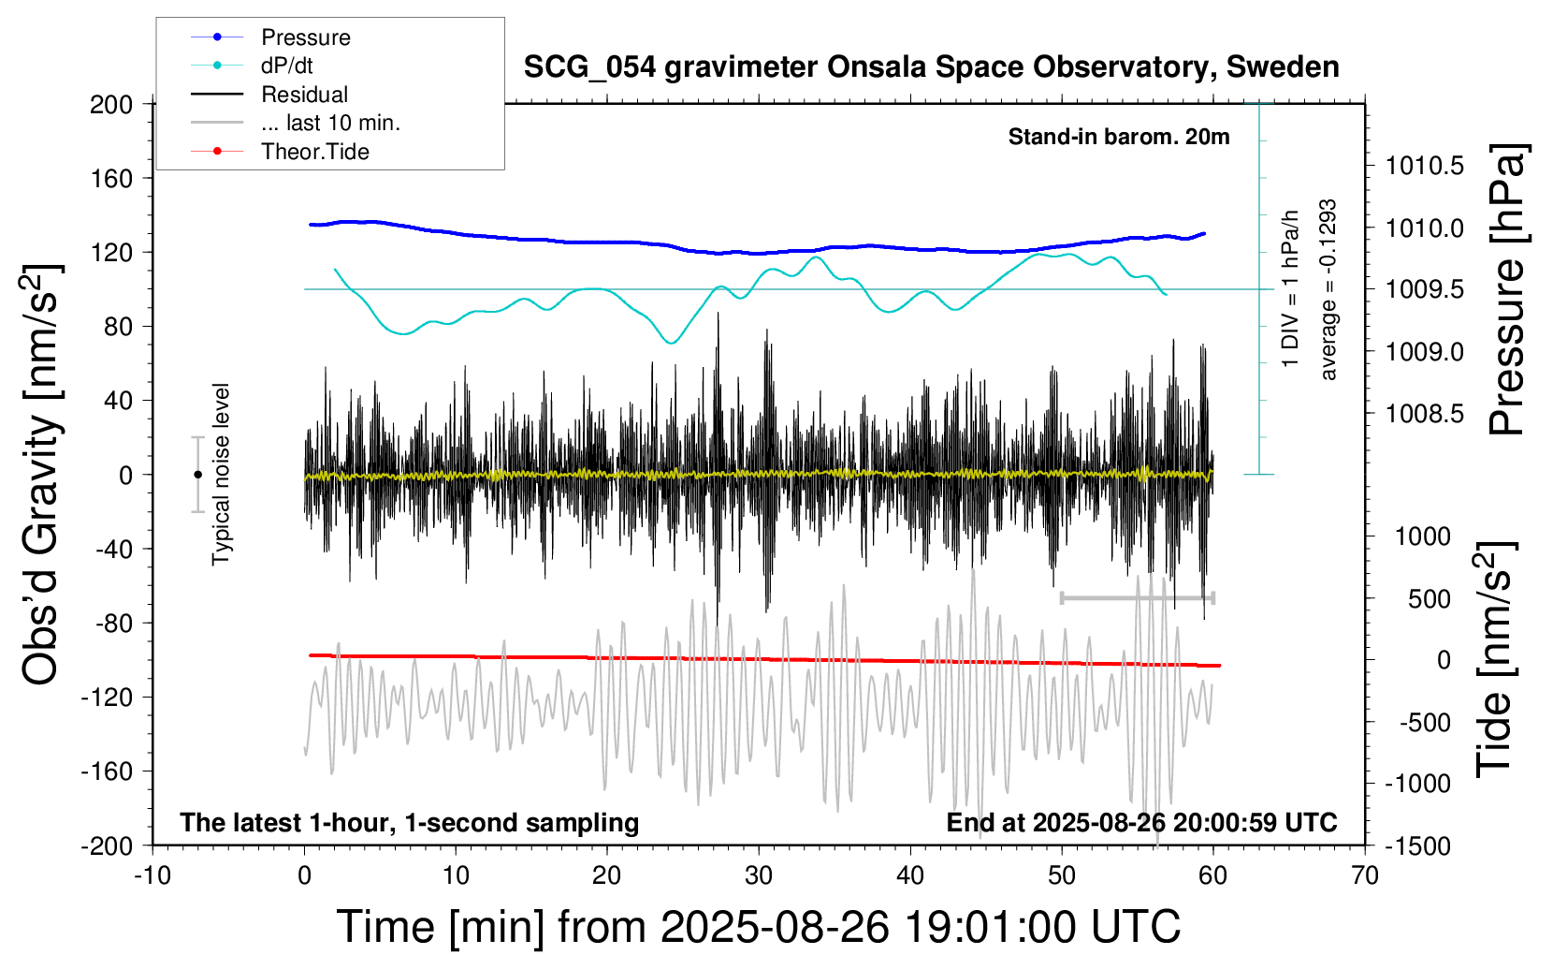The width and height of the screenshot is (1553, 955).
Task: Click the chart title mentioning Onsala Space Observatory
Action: coord(931,67)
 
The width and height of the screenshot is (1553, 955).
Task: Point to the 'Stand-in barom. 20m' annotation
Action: coord(1118,137)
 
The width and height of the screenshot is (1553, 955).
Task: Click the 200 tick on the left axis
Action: coord(111,104)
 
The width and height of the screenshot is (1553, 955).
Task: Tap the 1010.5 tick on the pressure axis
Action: coord(1425,166)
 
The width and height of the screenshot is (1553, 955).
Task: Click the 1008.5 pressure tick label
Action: coord(1425,413)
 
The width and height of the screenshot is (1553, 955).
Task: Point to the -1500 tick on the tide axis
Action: coord(1418,845)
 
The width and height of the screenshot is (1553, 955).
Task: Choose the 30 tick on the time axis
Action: coord(759,876)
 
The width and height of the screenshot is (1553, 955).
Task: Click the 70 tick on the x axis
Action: coord(1365,876)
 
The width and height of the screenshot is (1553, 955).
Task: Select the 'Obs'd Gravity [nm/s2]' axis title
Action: coord(42,475)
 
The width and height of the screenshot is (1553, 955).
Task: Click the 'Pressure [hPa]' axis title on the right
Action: coord(1508,289)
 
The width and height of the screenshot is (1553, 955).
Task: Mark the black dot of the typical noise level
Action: coord(197,475)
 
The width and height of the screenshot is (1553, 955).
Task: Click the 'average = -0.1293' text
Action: coord(1328,289)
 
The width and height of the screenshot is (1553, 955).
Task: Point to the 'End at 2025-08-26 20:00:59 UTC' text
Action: coord(1141,823)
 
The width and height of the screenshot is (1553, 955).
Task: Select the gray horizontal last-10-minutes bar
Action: coord(1137,597)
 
